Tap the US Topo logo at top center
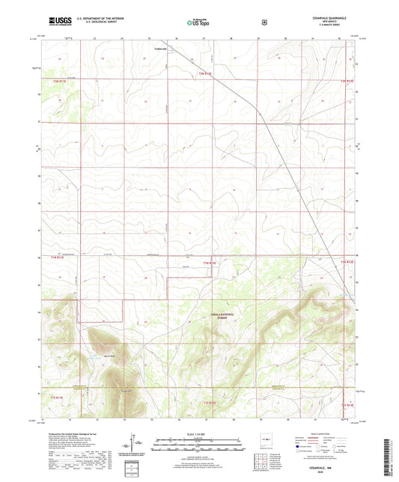coord(198,22)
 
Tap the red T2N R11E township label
coord(60,79)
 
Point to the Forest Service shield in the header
coord(264,22)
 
